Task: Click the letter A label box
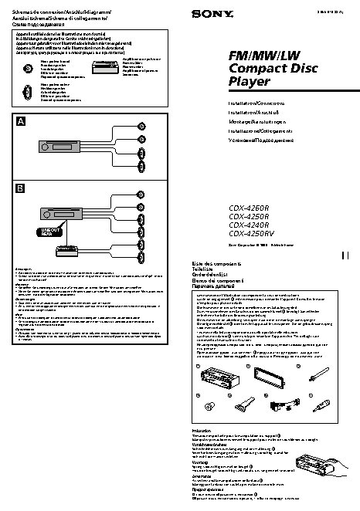(x=22, y=122)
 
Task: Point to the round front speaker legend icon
(x=29, y=67)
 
